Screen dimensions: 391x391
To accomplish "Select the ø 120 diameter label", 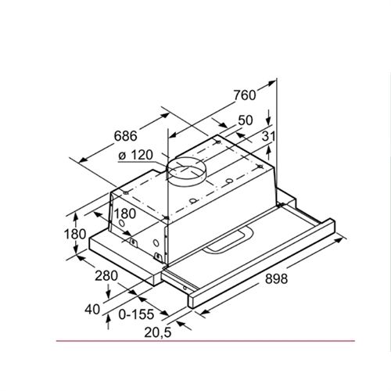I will pos(135,156).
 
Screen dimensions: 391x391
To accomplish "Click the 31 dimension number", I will pos(269,137).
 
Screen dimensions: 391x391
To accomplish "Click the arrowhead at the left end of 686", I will pos(71,160).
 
